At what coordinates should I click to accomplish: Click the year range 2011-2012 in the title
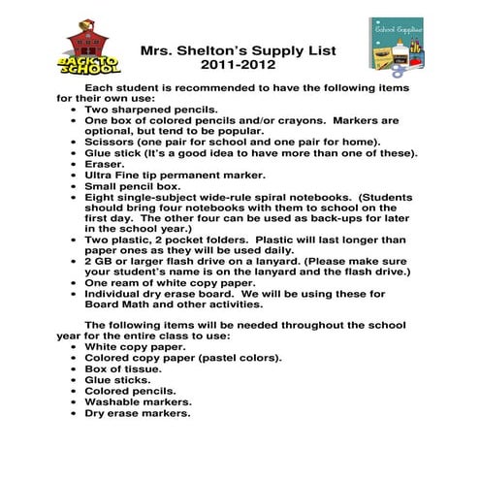click(x=238, y=65)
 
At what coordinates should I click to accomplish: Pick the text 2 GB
click(x=99, y=261)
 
